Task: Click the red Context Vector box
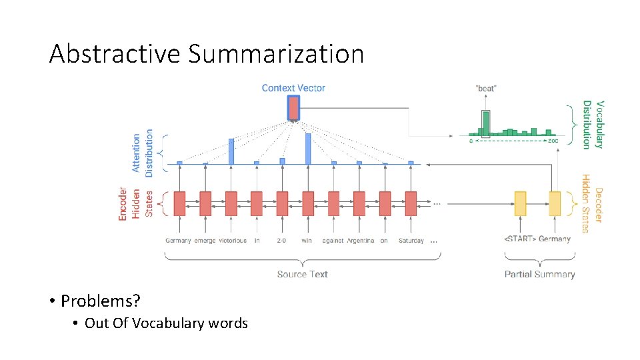pyautogui.click(x=293, y=108)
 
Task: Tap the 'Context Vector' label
pyautogui.click(x=293, y=88)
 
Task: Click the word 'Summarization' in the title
pyautogui.click(x=276, y=54)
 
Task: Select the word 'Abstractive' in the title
pyautogui.click(x=115, y=54)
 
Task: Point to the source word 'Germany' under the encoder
pyautogui.click(x=178, y=241)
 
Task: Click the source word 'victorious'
pyautogui.click(x=232, y=241)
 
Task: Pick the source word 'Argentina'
pyautogui.click(x=360, y=241)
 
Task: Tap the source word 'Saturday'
pyautogui.click(x=411, y=241)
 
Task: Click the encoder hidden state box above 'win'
pyautogui.click(x=307, y=203)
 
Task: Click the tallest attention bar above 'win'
pyautogui.click(x=308, y=148)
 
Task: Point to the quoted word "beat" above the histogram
pyautogui.click(x=486, y=88)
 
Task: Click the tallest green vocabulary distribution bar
pyautogui.click(x=486, y=123)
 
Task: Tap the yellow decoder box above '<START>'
pyautogui.click(x=520, y=203)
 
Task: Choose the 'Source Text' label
pyautogui.click(x=302, y=274)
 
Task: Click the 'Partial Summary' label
pyautogui.click(x=539, y=274)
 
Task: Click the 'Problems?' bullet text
pyautogui.click(x=101, y=301)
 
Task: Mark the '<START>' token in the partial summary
pyautogui.click(x=519, y=239)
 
